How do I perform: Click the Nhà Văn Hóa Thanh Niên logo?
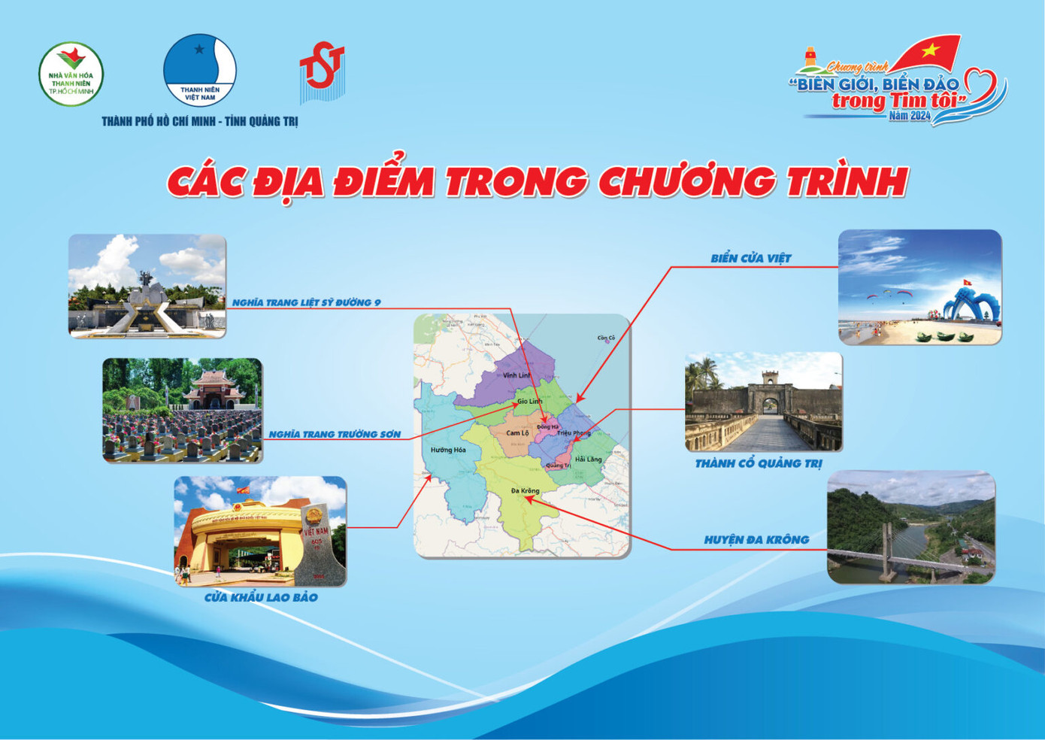71,74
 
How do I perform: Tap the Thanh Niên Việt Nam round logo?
200,70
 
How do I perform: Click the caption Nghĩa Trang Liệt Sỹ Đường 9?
306,302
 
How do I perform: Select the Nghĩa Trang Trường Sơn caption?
335,434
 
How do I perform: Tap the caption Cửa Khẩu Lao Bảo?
261,597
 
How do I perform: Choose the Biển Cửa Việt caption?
751,258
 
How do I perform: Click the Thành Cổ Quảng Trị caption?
758,463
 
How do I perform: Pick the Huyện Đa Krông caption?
756,539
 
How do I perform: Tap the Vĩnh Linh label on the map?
516,375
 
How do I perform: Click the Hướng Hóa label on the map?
448,450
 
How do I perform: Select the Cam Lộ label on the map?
517,433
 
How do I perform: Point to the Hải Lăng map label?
588,459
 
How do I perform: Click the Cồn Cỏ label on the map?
606,338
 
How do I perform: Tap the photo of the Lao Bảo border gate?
260,531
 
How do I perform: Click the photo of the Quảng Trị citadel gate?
763,402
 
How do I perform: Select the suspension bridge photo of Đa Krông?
910,527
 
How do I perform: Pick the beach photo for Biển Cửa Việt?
919,287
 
